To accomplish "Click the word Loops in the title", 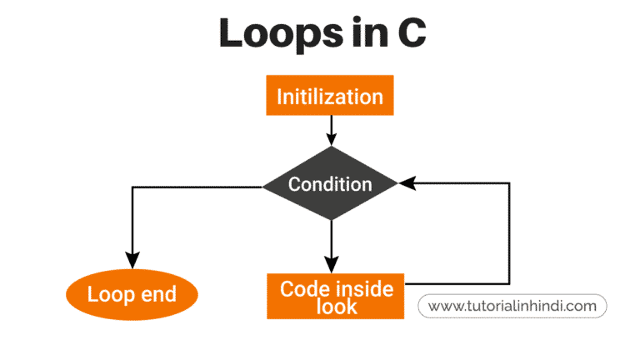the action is pyautogui.click(x=281, y=33).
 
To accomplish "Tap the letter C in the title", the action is pyautogui.click(x=412, y=32).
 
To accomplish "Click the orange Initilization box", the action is pyautogui.click(x=330, y=95).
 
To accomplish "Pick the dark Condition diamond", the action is pyautogui.click(x=330, y=183).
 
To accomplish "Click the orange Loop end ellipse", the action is pyautogui.click(x=132, y=294).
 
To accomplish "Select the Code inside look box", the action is pyautogui.click(x=336, y=297).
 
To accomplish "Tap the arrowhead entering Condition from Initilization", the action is pyautogui.click(x=332, y=140).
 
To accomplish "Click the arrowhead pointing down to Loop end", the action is pyautogui.click(x=132, y=260).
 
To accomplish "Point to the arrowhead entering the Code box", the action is pyautogui.click(x=332, y=265).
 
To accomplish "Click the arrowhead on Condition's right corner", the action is pyautogui.click(x=407, y=182).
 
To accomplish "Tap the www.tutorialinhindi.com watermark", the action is pyautogui.click(x=512, y=306).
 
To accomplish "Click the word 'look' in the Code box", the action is pyautogui.click(x=337, y=307).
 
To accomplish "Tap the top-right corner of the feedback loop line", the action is pyautogui.click(x=509, y=183).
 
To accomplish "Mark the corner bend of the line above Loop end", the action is pyautogui.click(x=132, y=187).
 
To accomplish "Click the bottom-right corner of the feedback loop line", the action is pyautogui.click(x=509, y=283).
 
